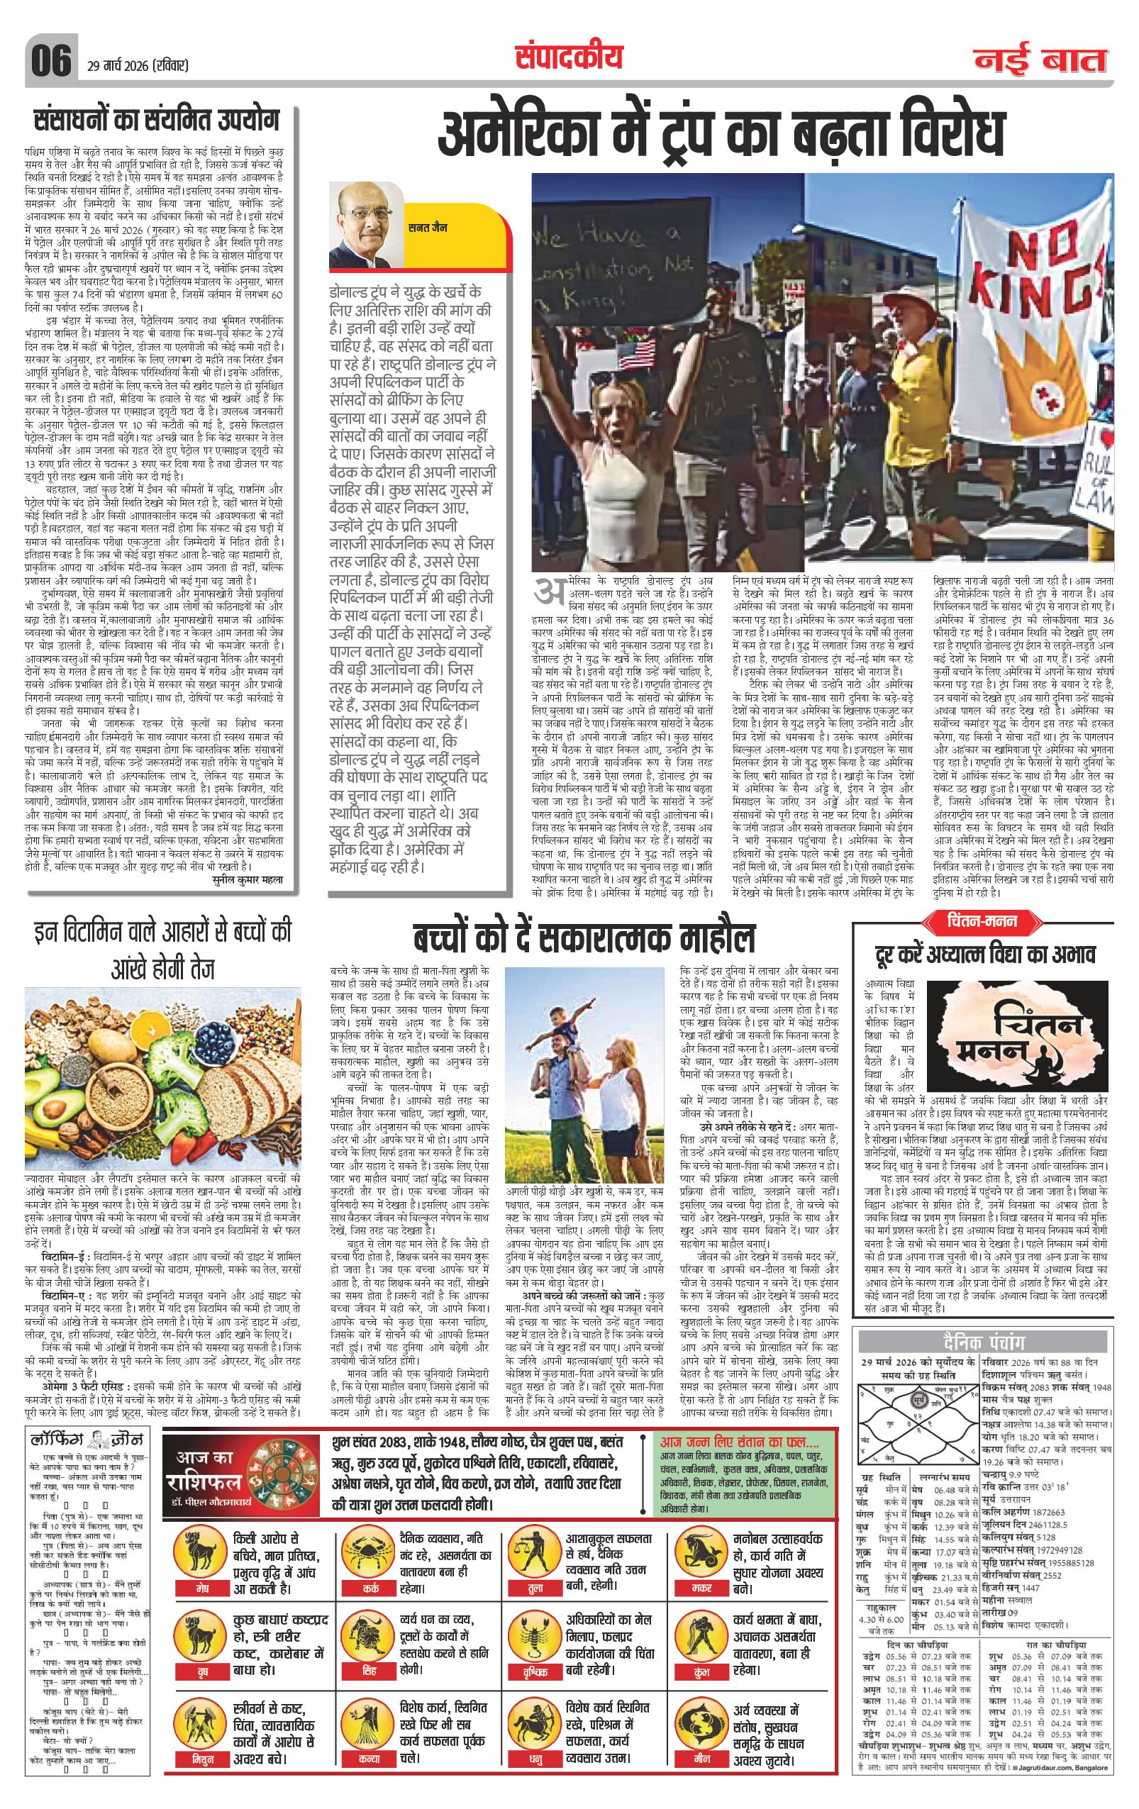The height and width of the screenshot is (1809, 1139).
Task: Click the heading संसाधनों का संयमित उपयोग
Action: (x=156, y=121)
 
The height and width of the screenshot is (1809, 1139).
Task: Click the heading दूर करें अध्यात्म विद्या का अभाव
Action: (x=984, y=954)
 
